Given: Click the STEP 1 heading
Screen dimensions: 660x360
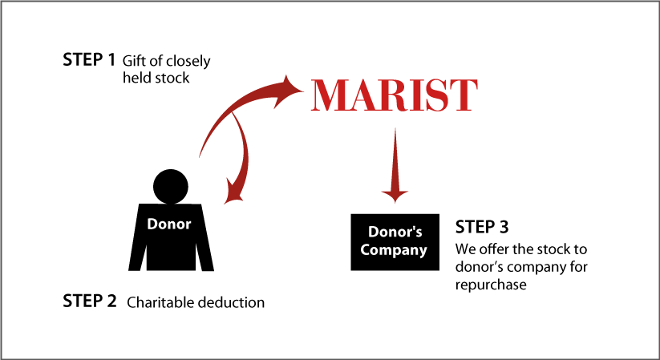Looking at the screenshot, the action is (x=89, y=60).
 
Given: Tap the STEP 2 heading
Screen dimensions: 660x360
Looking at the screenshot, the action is (x=89, y=301).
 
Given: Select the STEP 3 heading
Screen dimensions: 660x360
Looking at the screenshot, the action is (x=482, y=227).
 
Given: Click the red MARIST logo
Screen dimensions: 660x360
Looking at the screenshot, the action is (x=395, y=95).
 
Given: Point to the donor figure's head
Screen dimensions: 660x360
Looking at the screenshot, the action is (x=171, y=187).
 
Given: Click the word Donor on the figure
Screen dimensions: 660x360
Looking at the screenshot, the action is (x=169, y=224).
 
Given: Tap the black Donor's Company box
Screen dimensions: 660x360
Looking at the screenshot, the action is (x=395, y=242).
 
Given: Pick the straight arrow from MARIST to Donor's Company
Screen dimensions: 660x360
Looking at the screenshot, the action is (x=395, y=165).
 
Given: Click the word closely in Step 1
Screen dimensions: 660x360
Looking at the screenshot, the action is (x=188, y=62).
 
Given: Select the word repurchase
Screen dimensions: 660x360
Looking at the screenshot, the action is (x=491, y=285).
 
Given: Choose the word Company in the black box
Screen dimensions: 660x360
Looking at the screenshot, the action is (x=394, y=250).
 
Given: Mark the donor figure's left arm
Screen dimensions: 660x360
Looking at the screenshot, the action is (x=138, y=249).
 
